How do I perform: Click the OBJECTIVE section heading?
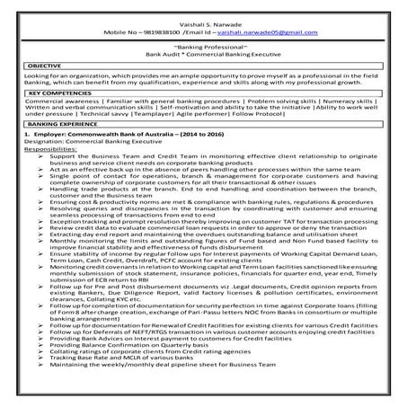[45, 66]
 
